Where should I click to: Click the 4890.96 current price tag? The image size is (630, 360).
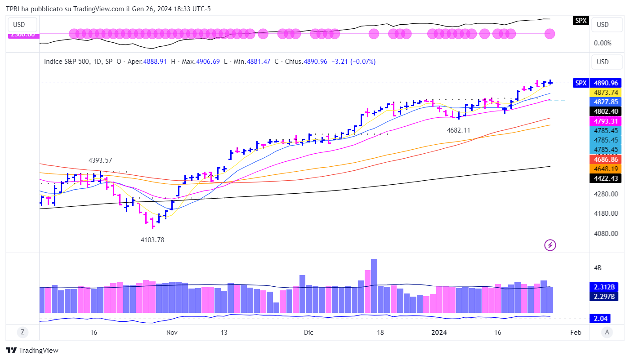click(606, 83)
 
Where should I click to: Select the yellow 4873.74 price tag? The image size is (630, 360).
click(606, 92)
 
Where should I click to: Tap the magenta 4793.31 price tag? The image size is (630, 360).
click(606, 121)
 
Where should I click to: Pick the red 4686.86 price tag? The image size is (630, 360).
click(606, 159)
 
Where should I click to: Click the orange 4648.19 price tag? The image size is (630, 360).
click(606, 169)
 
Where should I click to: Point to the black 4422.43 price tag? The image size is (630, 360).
click(606, 178)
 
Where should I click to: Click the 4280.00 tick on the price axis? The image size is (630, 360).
click(606, 194)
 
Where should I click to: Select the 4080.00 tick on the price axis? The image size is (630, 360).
click(606, 233)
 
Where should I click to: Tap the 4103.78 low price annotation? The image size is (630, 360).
click(152, 240)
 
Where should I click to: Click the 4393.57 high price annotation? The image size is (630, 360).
click(100, 160)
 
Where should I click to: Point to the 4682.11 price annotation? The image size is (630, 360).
click(458, 130)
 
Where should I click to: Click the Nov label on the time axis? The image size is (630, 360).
click(172, 333)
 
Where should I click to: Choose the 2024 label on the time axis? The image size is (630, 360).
click(439, 333)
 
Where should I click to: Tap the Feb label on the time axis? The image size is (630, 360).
click(576, 333)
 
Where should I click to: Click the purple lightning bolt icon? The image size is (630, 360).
click(550, 245)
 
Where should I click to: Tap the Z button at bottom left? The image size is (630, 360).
click(22, 333)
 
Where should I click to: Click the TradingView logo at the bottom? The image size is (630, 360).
click(32, 350)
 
